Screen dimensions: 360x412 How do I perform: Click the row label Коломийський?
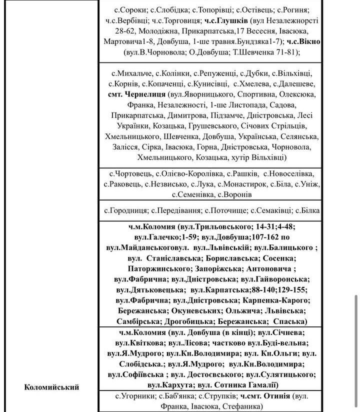click(52, 387)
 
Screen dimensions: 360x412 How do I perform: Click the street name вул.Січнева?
click(282, 332)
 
